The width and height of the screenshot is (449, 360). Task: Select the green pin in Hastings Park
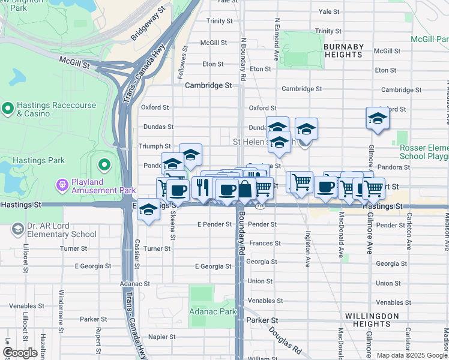pos(104,164)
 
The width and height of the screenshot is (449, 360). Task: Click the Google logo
pos(20,353)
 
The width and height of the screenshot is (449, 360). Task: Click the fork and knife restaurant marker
pos(202,187)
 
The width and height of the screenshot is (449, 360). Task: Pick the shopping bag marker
pos(246,190)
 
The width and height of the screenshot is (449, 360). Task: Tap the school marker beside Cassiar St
pos(149,210)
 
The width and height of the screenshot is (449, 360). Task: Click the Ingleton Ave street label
pos(307,249)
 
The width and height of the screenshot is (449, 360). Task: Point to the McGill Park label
pos(429,39)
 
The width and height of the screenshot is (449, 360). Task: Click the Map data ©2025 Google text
pos(411,355)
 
